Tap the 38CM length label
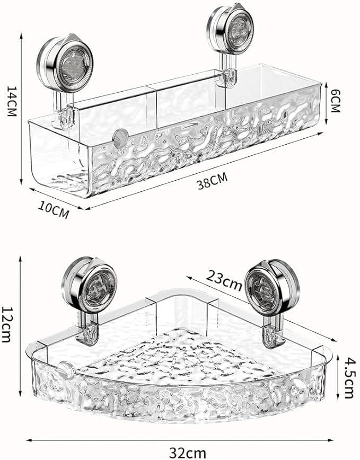coord(212,182)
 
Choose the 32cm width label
coord(180,452)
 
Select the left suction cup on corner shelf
coord(89,286)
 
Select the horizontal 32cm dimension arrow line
coord(180,439)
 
